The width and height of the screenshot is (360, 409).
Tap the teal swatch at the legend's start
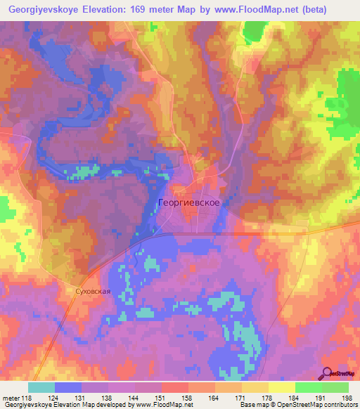41,387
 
